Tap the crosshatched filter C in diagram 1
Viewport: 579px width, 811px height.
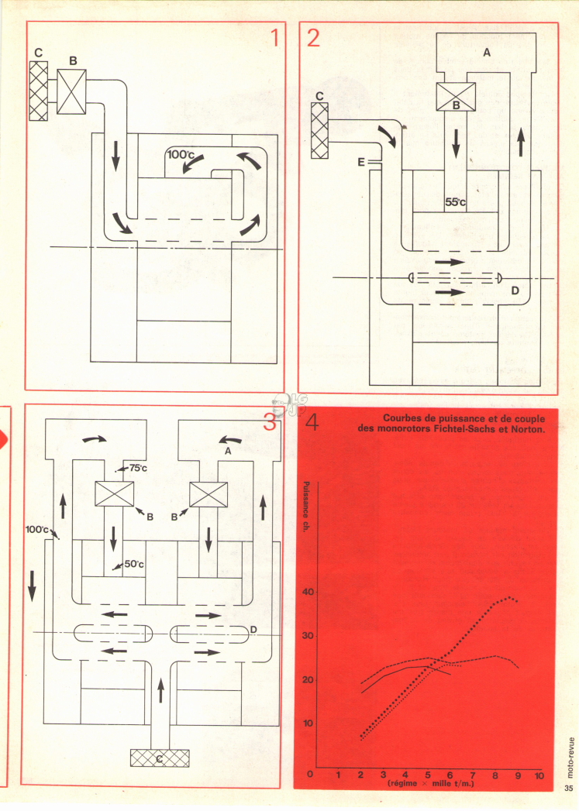coord(39,91)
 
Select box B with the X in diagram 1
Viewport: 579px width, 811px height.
coord(71,91)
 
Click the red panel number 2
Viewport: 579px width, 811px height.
coord(314,37)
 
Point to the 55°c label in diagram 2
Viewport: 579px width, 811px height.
coord(455,202)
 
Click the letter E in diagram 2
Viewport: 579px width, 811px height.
coord(361,163)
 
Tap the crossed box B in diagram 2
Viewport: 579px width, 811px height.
coord(456,98)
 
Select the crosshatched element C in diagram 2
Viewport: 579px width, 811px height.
coord(319,130)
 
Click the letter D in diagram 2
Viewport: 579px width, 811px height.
coord(515,290)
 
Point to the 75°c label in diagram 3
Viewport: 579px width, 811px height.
coord(138,468)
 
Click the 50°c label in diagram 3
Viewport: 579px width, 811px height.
coord(134,564)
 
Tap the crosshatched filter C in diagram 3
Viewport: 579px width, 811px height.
coord(160,758)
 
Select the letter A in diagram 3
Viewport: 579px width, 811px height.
coord(228,451)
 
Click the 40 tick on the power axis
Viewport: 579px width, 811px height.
coord(308,592)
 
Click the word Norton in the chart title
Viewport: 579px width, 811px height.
coord(529,429)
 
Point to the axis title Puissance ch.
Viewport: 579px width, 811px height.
coord(306,507)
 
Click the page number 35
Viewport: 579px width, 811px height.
coord(569,789)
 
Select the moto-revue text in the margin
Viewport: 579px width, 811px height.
coord(570,757)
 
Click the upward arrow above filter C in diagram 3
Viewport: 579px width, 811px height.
coord(160,691)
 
